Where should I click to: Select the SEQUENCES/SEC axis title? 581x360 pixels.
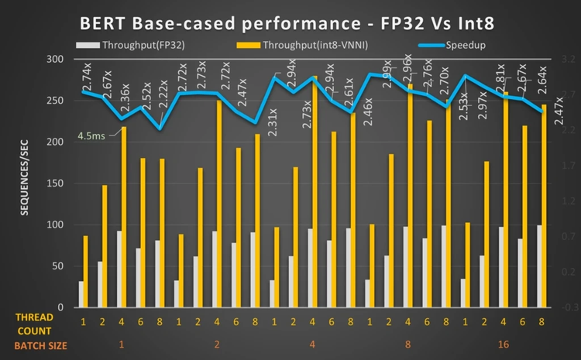[26, 183]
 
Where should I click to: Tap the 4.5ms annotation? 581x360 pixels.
[92, 137]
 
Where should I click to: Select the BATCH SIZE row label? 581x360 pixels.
[33, 345]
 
